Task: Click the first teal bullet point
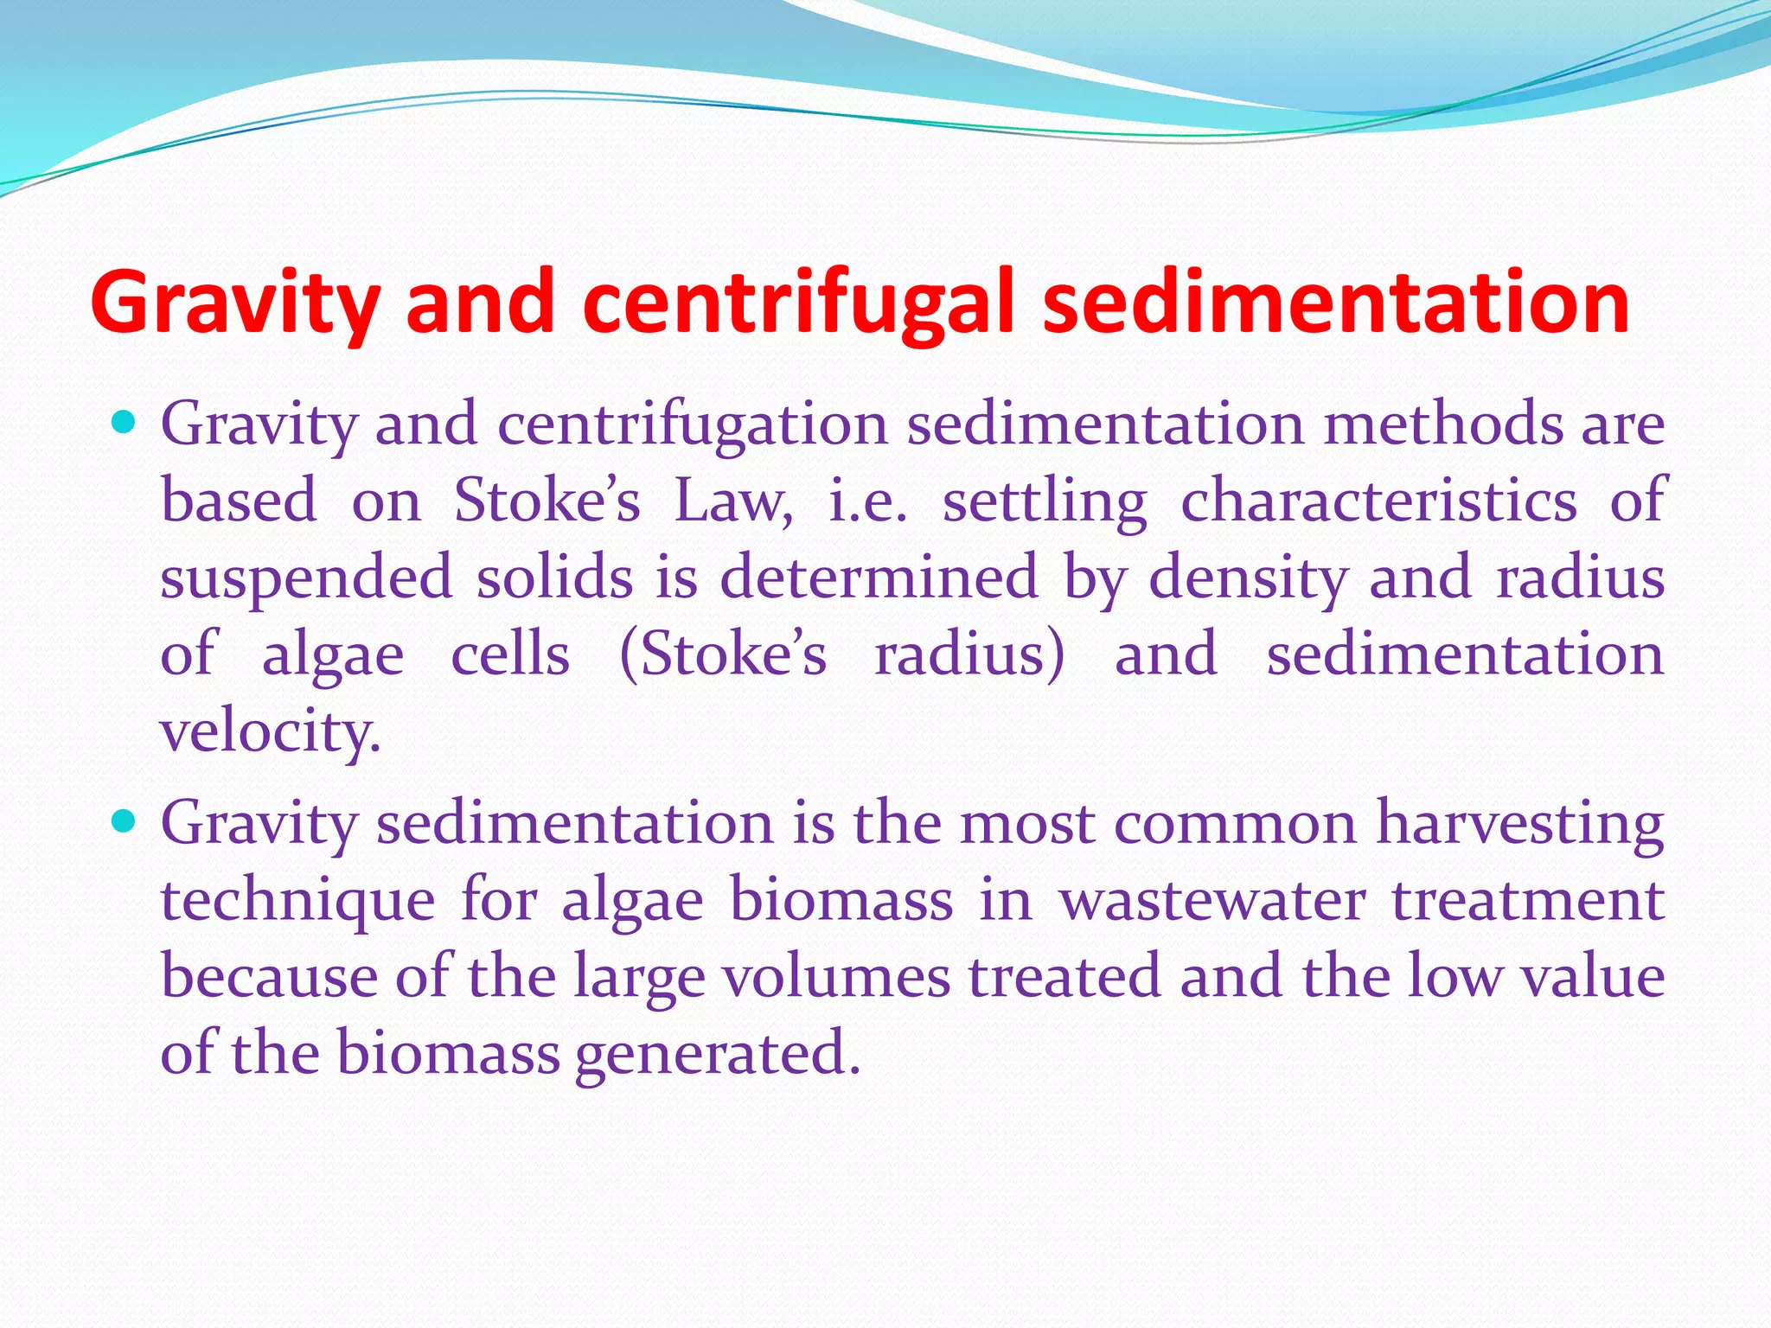[x=125, y=423]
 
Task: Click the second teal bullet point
[x=125, y=820]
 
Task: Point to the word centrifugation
[x=693, y=425]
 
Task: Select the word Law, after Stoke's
[x=732, y=501]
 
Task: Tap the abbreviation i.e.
[x=867, y=501]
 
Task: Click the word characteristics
[x=1378, y=501]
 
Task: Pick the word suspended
[x=306, y=578]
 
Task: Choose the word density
[x=1247, y=578]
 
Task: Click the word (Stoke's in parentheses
[x=723, y=654]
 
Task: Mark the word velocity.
[x=270, y=731]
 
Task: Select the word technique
[x=297, y=900]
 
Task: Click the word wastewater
[x=1212, y=900]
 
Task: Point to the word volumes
[x=835, y=976]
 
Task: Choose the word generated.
[x=717, y=1054]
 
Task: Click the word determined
[x=878, y=578]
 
